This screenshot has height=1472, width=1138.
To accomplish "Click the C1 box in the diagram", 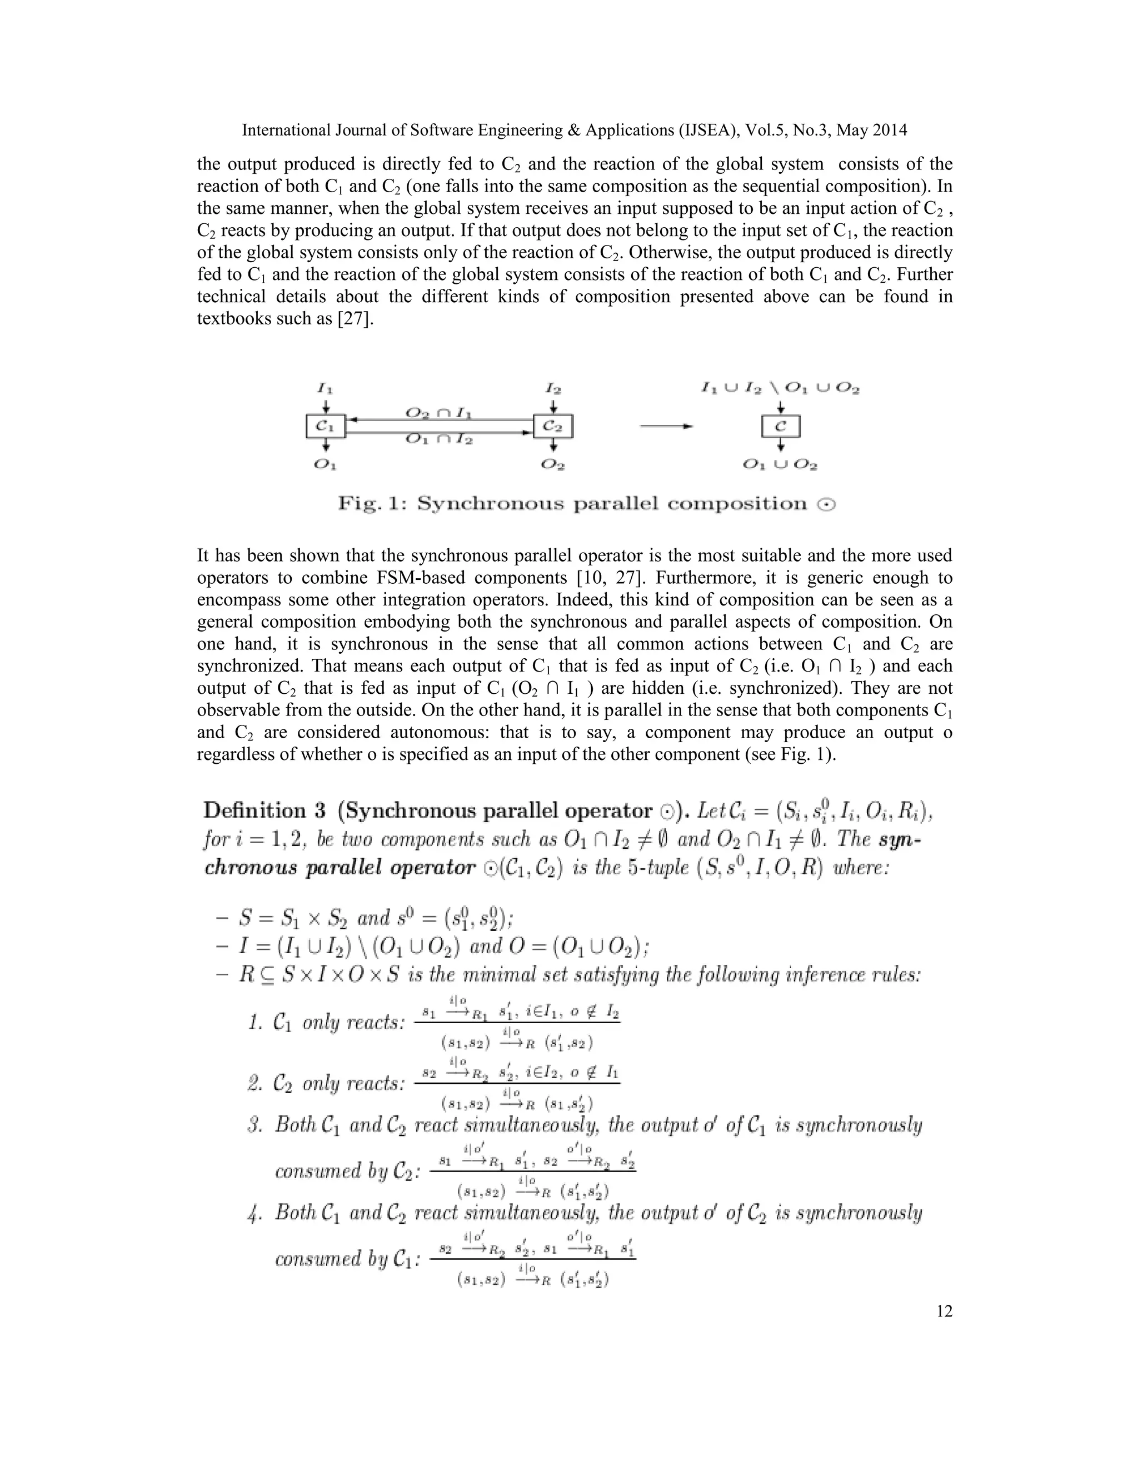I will [325, 426].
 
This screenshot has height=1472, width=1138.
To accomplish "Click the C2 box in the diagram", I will [553, 426].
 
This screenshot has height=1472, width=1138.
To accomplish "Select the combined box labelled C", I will [781, 427].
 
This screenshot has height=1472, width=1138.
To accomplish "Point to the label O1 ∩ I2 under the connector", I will [439, 439].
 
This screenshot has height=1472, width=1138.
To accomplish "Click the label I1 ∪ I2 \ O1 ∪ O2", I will [780, 388].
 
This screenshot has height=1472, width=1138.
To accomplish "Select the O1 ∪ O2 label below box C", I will [780, 464].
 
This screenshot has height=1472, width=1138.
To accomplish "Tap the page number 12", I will [944, 1311].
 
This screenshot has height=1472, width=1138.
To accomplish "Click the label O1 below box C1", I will [325, 464].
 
